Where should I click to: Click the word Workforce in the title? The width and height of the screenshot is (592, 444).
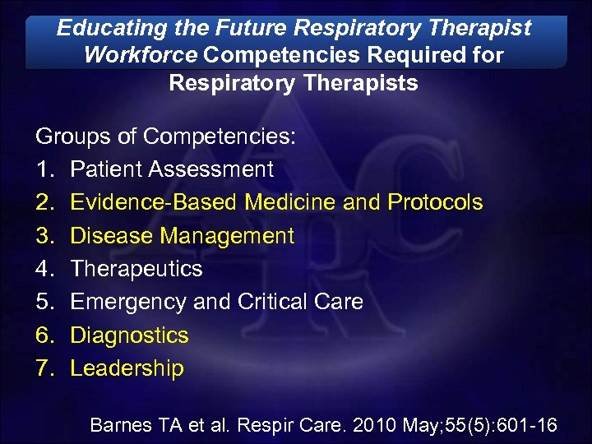(141, 56)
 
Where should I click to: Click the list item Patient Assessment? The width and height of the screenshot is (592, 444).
(172, 169)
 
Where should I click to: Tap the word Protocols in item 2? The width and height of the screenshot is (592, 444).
(435, 202)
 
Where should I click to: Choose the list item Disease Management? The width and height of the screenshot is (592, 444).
(182, 236)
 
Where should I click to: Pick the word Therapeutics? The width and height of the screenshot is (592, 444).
(136, 269)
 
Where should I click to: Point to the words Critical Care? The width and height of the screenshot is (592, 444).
(300, 302)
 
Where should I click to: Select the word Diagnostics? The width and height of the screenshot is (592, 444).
(129, 335)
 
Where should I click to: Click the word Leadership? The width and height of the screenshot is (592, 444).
(127, 368)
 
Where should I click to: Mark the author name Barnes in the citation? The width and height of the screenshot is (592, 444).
(122, 425)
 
